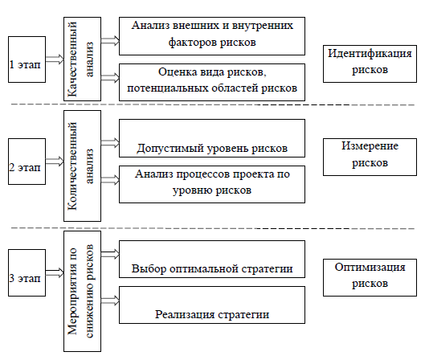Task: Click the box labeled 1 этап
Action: click(27, 59)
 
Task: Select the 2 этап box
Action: click(27, 162)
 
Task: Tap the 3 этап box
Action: click(27, 272)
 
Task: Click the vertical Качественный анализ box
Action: click(83, 59)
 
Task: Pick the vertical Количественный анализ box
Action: click(83, 166)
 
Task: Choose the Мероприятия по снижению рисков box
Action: click(83, 292)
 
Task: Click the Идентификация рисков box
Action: click(370, 63)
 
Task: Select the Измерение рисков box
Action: click(370, 157)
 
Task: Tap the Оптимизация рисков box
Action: click(370, 277)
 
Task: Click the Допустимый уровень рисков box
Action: click(212, 138)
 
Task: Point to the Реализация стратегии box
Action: click(212, 305)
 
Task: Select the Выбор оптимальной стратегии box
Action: click(212, 260)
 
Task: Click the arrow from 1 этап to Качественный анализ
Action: click(55, 59)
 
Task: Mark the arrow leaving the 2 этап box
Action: click(55, 162)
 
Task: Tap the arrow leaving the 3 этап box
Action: click(55, 272)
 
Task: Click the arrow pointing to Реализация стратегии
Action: click(110, 301)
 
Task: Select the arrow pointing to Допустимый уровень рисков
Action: click(110, 143)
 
